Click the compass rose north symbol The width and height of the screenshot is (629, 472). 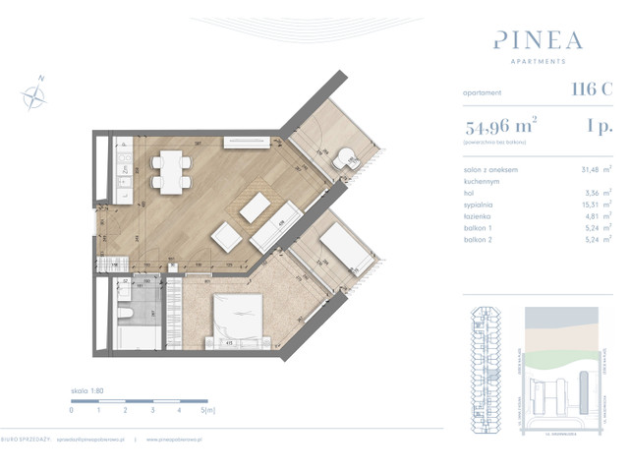pyautogui.click(x=35, y=93)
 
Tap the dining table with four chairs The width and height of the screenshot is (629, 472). pyautogui.click(x=171, y=168)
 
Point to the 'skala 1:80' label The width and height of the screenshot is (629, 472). pyautogui.click(x=87, y=390)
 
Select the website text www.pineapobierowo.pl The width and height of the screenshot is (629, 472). pyautogui.click(x=177, y=440)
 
